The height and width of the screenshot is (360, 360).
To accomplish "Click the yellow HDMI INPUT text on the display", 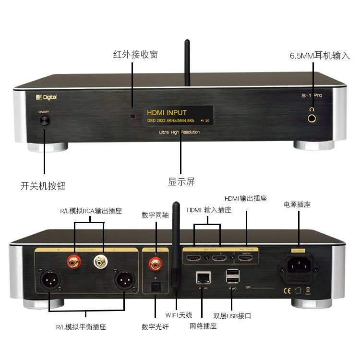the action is [x=167, y=113].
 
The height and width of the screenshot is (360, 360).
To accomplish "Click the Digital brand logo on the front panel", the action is [x=47, y=97].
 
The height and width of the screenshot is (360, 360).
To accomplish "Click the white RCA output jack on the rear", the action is [x=101, y=262].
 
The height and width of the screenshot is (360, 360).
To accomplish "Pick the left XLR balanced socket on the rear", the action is [x=50, y=282].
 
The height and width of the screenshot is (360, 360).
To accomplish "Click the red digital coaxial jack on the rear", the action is [x=155, y=262].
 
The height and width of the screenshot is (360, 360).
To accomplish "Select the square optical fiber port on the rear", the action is [x=155, y=288].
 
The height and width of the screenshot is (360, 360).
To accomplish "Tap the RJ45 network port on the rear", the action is [x=202, y=277].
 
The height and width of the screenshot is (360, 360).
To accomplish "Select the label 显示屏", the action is [x=181, y=182].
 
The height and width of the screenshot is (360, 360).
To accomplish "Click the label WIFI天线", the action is [x=179, y=315].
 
